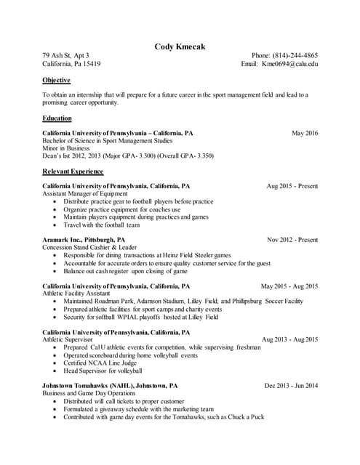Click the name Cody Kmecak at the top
(180, 47)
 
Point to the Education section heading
(57, 118)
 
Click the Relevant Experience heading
(73, 171)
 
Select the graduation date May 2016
(305, 134)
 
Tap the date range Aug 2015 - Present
(292, 186)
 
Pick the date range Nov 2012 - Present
(292, 240)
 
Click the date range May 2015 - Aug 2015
(289, 286)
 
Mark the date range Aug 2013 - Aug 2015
(289, 339)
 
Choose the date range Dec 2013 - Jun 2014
(291, 386)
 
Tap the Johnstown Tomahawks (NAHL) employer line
(110, 386)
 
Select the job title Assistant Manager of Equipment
(85, 194)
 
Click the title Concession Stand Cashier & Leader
(89, 248)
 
